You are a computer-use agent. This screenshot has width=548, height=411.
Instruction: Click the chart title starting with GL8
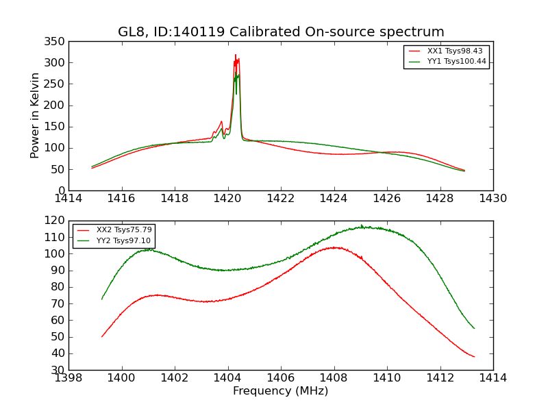[281, 32]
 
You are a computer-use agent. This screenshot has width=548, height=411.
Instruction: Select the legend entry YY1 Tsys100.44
[456, 61]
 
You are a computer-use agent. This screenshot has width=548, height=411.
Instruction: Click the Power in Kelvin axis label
[35, 115]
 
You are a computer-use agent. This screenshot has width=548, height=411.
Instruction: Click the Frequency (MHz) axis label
[281, 391]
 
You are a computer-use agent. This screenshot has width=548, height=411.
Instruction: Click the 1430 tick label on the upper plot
[493, 199]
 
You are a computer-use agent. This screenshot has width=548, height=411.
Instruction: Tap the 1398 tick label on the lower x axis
[68, 378]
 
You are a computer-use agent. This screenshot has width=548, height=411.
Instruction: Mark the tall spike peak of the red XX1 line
[236, 55]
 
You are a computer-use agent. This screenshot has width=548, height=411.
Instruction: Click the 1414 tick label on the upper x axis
[68, 199]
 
